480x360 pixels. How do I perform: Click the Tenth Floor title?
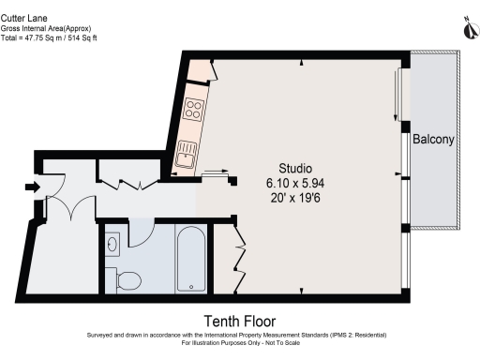click(x=241, y=321)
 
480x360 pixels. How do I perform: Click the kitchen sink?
click(x=186, y=152)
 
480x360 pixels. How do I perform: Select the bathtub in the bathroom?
click(x=191, y=258)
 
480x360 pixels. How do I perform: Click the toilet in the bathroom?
click(x=125, y=278)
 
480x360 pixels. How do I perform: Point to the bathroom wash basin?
click(x=112, y=245)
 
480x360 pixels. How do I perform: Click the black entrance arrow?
click(x=33, y=187)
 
